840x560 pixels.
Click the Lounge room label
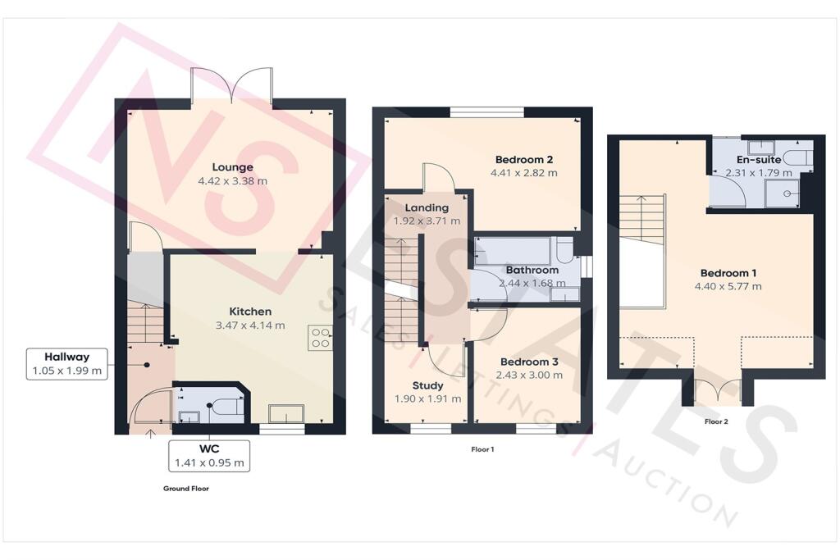[232, 167]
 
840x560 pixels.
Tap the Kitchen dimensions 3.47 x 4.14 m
[250, 326]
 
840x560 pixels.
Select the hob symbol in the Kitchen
[320, 339]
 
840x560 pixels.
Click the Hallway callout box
[67, 363]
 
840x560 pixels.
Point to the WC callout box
[209, 456]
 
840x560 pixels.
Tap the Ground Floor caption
[186, 489]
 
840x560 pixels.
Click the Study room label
[427, 385]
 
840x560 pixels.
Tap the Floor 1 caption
[482, 449]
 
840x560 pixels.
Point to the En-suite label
[759, 159]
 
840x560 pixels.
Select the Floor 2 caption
[716, 422]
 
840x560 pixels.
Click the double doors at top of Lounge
[232, 85]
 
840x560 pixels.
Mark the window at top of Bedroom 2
[486, 112]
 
